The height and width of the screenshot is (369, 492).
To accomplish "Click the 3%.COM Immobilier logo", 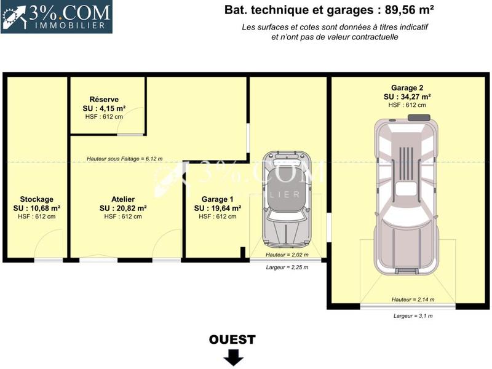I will coord(56,17).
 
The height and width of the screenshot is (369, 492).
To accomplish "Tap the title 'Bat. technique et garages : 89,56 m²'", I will coord(330,10).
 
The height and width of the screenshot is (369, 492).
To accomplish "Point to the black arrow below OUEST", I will coord(232,357).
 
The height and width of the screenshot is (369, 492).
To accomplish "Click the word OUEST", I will coord(232,339).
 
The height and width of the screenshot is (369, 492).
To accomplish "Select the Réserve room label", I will coord(104,100).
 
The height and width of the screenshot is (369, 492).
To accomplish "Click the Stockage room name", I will coord(37,199).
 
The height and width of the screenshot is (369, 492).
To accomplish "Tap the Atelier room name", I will coord(123,199).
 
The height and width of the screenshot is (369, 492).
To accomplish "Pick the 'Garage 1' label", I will coord(218,199).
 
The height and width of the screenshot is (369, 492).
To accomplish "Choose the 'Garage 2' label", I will coord(407,88).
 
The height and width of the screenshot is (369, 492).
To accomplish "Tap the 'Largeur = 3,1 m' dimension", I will coord(413,315).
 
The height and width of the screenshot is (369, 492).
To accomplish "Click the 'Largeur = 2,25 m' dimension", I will coord(287,267).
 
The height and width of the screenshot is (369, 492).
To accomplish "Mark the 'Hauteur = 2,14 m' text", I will coord(413,300).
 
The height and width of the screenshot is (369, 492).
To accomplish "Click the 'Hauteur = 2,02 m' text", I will coord(287,254).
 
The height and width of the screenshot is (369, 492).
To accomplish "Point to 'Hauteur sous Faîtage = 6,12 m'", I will coord(124,159).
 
